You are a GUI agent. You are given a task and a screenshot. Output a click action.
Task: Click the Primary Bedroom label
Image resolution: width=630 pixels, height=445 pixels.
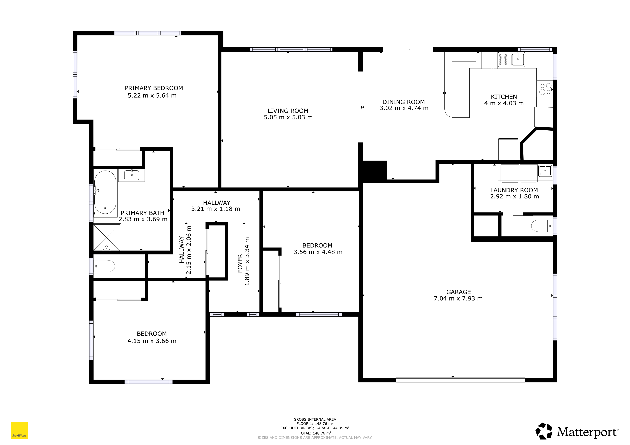pyautogui.click(x=154, y=88)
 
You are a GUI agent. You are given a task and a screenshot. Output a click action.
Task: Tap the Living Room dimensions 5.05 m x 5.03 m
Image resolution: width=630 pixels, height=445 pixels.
pyautogui.click(x=288, y=117)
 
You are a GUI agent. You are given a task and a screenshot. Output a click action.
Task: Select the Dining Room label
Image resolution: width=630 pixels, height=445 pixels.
pyautogui.click(x=403, y=102)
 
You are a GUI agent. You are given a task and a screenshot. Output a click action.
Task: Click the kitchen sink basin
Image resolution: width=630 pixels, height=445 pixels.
pyautogui.click(x=518, y=60)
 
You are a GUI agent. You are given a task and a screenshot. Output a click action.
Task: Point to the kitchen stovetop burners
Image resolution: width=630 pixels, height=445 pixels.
pyautogui.click(x=545, y=89)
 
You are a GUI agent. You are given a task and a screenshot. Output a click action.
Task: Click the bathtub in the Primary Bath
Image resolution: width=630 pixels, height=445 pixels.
pyautogui.click(x=105, y=192)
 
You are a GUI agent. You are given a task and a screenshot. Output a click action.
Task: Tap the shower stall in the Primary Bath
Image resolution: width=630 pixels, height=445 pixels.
pyautogui.click(x=107, y=237)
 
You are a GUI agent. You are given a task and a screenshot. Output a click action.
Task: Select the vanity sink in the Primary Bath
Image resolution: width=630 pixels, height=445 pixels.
pyautogui.click(x=132, y=175)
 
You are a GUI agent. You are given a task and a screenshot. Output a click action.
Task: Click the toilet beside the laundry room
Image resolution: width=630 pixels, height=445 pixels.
pyautogui.click(x=542, y=226)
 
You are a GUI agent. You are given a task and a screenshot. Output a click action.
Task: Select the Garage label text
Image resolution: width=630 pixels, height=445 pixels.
pyautogui.click(x=459, y=292)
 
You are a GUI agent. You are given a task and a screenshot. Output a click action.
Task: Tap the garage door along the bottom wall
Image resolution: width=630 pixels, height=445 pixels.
pyautogui.click(x=460, y=380)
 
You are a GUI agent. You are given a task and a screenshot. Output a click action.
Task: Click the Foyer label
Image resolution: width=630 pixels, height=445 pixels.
pyautogui.click(x=240, y=264)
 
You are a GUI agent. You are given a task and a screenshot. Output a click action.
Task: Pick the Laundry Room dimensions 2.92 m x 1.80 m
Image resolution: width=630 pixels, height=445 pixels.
pyautogui.click(x=514, y=196)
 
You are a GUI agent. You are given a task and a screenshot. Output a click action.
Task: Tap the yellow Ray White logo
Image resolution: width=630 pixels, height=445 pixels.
pyautogui.click(x=19, y=430)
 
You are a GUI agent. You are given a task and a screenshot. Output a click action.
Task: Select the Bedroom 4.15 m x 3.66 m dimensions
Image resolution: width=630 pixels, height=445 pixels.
pyautogui.click(x=152, y=341)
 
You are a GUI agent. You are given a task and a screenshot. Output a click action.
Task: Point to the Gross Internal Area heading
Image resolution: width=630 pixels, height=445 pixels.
pyautogui.click(x=315, y=419)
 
